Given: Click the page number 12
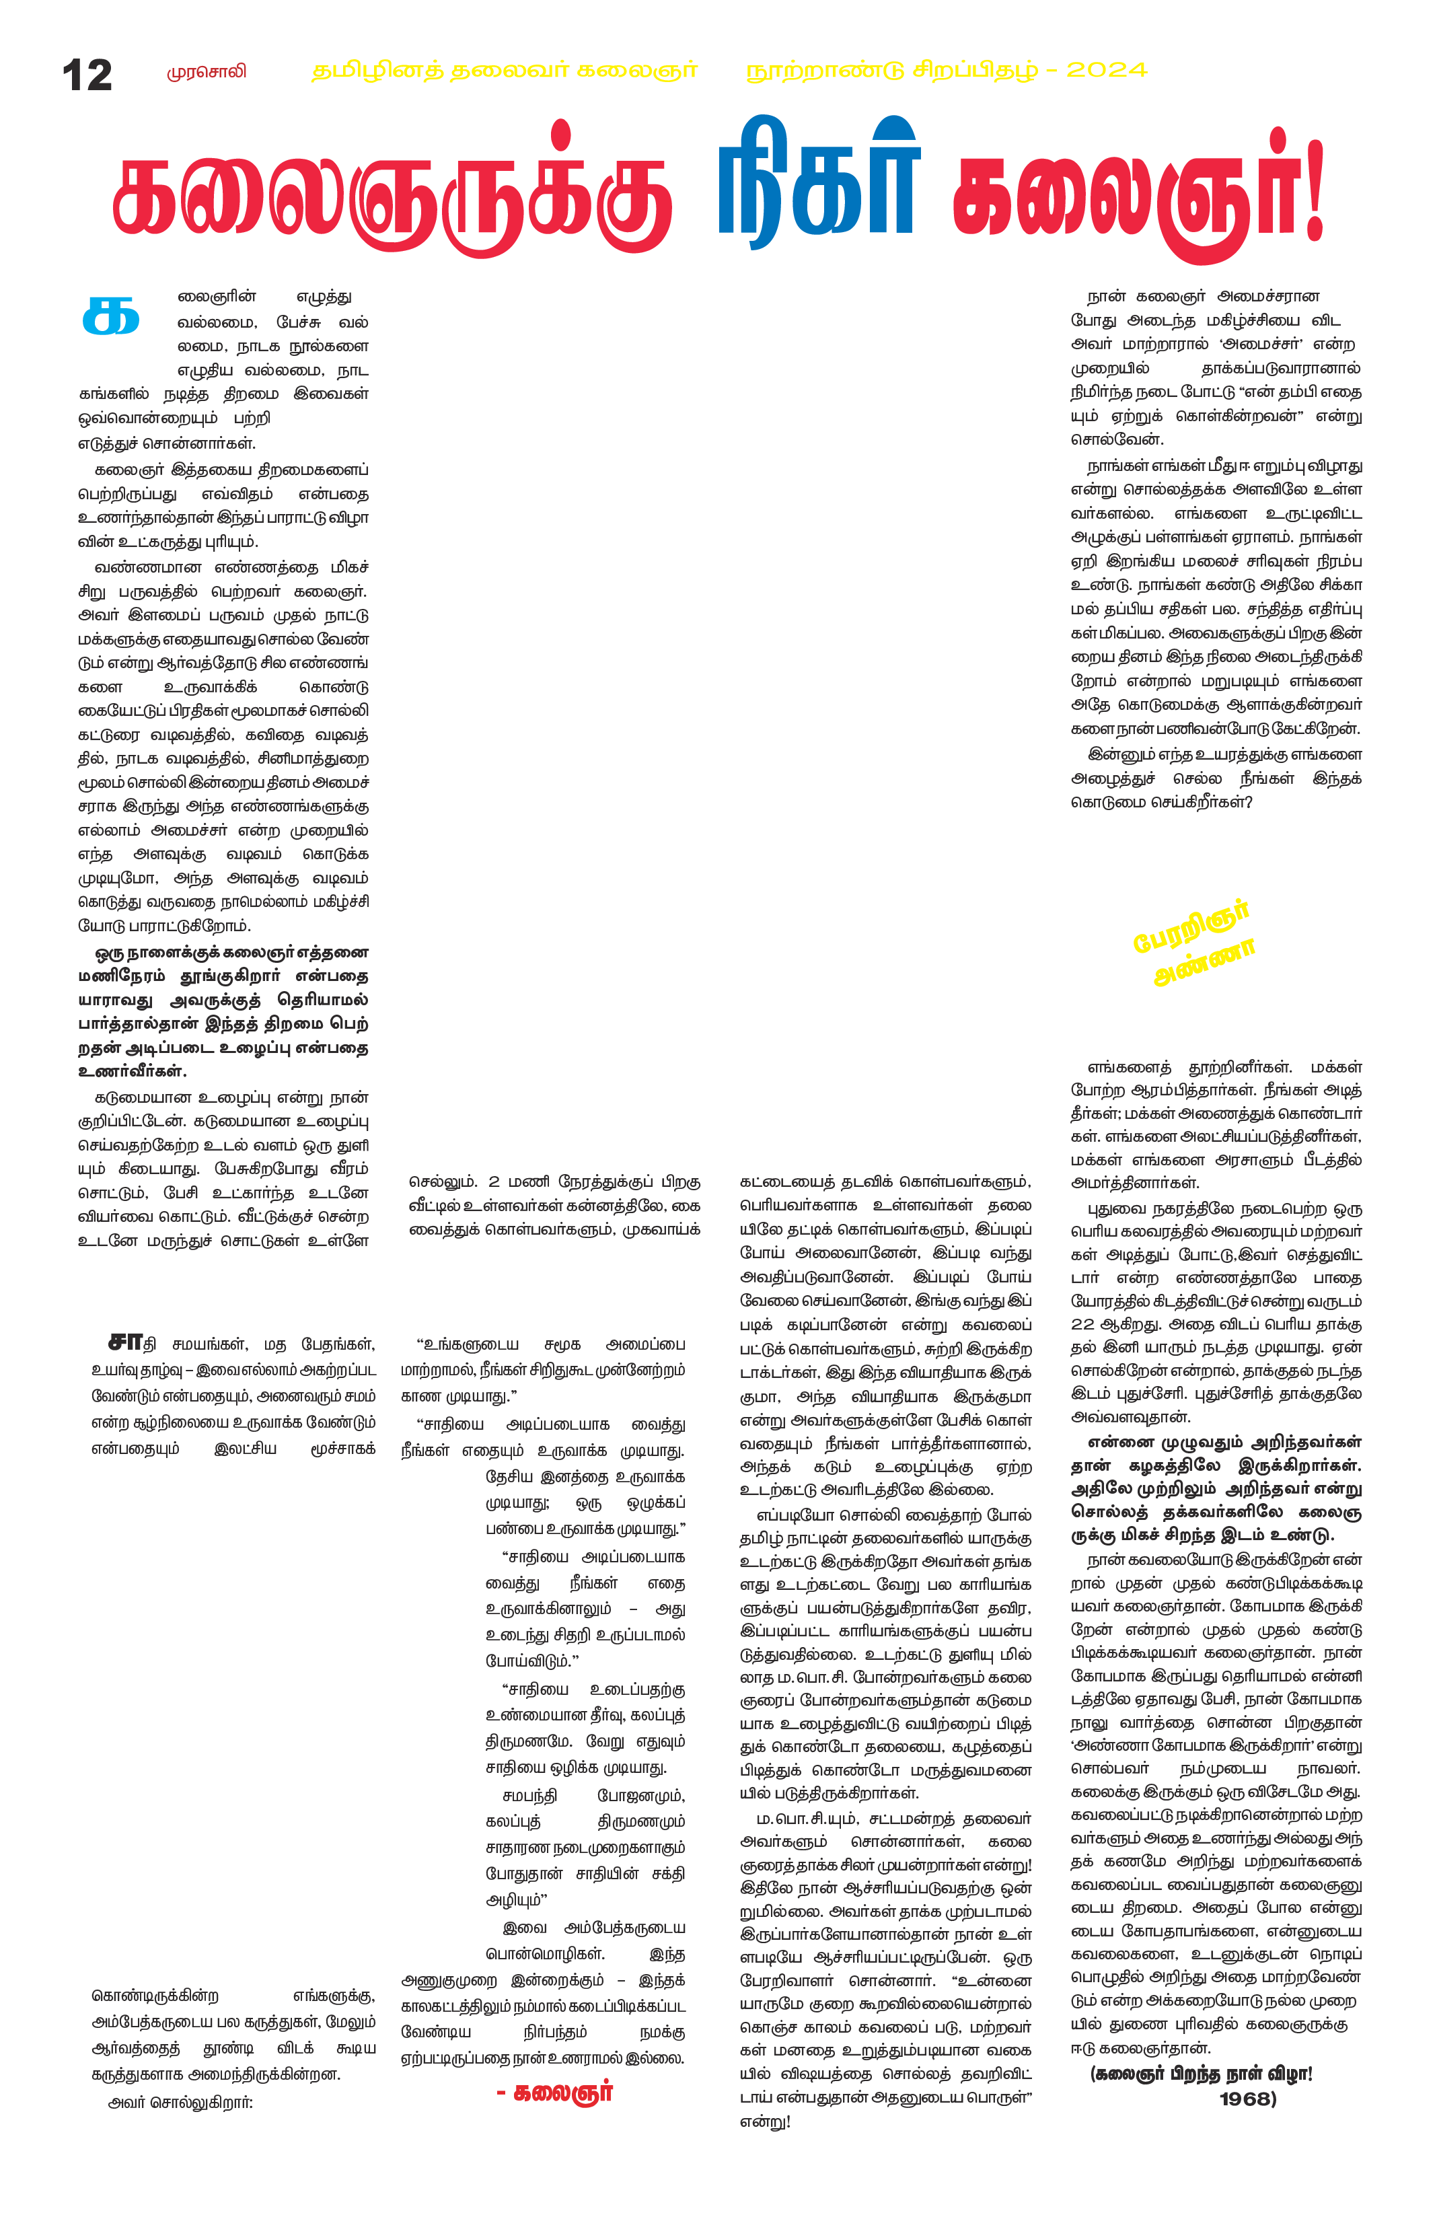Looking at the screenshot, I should [87, 75].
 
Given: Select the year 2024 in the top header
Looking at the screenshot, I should [1107, 70].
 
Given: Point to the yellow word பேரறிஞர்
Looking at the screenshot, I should [1190, 927].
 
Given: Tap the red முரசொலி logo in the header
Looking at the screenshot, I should [207, 72].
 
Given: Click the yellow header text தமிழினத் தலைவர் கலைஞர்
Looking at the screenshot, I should [504, 71].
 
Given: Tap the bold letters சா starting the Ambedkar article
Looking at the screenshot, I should [124, 1342].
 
